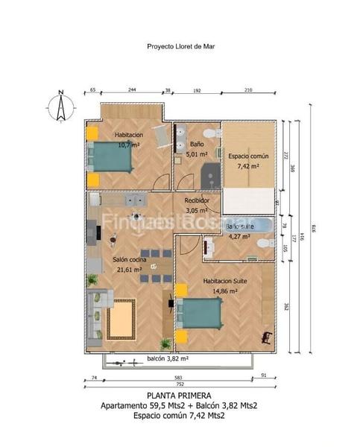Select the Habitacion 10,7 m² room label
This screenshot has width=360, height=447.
pos(129,139)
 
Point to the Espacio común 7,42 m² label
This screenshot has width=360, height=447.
pos(243,161)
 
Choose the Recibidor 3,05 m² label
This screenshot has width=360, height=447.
pos(197,206)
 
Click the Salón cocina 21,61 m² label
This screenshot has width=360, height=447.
pos(128,264)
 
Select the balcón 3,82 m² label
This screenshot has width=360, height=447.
pos(167,358)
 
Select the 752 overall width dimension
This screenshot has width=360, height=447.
pos(178,386)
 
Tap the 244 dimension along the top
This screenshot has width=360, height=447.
pos(131,90)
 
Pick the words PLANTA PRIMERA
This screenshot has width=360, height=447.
pos(179,396)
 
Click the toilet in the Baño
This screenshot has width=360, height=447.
pos(214,133)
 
